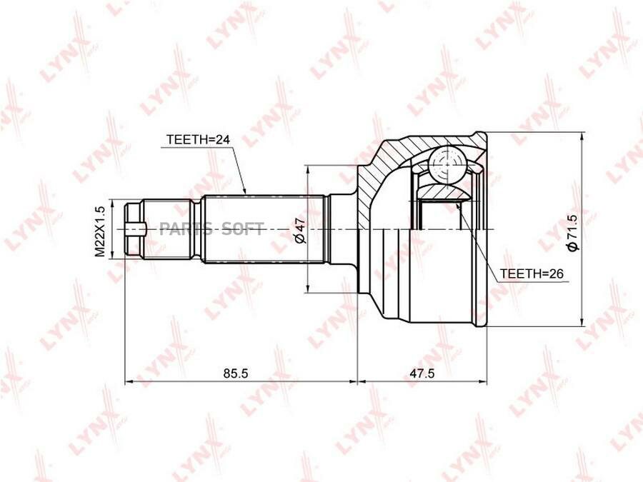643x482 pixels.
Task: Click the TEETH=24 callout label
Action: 198,140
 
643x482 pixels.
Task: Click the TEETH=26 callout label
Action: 532,273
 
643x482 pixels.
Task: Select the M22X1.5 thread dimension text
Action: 101,231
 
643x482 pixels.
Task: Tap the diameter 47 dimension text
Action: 301,231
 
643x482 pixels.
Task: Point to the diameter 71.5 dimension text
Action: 572,232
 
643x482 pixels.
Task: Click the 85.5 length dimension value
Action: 236,373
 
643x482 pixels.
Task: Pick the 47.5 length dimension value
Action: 422,373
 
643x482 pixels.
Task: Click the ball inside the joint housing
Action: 447,164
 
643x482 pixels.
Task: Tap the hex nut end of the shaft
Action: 134,229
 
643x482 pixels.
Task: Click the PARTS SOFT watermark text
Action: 211,229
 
